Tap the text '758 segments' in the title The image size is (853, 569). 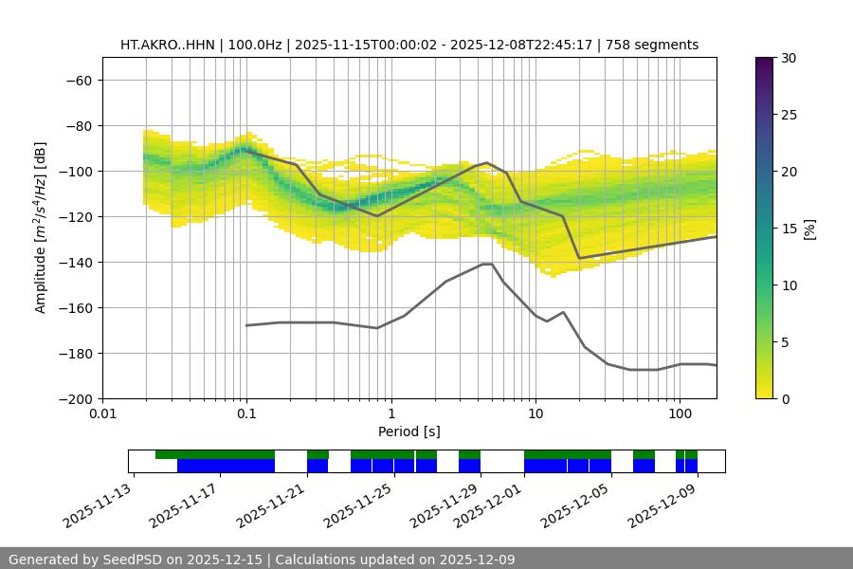(x=654, y=45)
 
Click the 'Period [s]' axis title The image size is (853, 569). (x=409, y=431)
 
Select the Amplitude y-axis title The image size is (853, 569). (x=41, y=228)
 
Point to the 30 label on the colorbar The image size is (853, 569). (x=788, y=58)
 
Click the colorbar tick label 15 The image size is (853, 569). (x=788, y=229)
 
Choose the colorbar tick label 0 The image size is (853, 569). (x=784, y=398)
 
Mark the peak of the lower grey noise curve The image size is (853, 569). (x=487, y=264)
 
